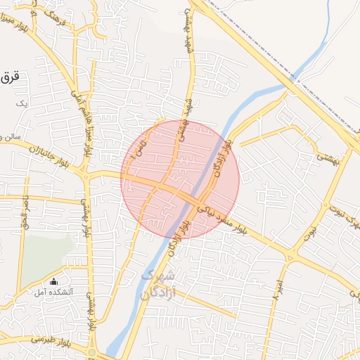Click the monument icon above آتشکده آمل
54,282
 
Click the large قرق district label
8,77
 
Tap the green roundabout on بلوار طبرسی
91,352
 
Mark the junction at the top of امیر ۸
290,255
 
